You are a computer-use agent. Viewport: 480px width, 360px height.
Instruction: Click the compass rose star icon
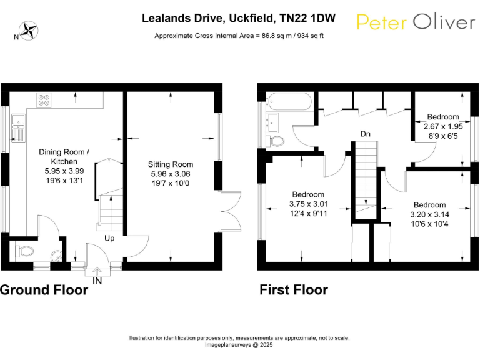29,31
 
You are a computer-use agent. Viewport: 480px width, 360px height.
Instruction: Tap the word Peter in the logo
382,22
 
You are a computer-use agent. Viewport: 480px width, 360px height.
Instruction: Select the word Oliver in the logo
444,22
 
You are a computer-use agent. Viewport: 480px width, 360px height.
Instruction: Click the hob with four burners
44,100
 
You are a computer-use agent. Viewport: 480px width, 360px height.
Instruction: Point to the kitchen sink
18,128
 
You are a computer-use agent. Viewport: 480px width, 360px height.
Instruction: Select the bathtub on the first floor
289,101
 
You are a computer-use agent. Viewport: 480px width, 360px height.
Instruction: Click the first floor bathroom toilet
275,141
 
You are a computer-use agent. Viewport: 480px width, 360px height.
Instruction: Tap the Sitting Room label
171,164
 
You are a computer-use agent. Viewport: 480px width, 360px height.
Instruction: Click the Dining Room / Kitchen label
64,157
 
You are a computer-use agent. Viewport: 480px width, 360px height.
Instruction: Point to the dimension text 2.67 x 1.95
443,126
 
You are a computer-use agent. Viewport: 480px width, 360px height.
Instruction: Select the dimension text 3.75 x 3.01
309,204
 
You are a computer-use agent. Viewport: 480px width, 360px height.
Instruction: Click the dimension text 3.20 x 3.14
430,214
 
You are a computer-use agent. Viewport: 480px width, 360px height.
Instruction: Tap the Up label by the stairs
109,239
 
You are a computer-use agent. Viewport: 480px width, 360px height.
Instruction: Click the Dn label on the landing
365,134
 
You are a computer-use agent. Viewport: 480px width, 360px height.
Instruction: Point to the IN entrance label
97,281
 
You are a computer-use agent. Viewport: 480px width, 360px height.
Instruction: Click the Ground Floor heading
44,290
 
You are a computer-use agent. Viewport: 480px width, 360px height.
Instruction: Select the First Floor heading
294,290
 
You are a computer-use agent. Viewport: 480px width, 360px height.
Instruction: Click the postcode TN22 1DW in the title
308,18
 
